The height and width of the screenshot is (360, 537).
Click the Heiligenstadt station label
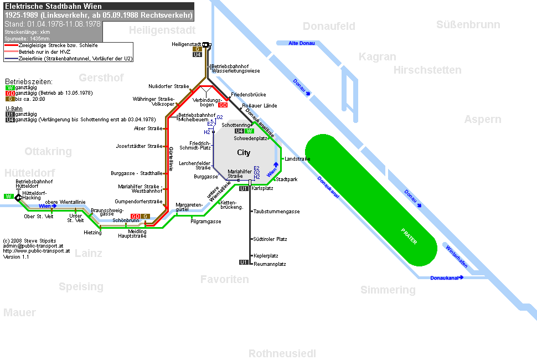[187, 44]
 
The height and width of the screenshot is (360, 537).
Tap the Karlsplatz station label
[262, 188]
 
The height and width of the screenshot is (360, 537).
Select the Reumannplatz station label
[270, 264]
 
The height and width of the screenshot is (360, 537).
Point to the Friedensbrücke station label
[249, 95]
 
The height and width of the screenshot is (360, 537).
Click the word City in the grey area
[244, 152]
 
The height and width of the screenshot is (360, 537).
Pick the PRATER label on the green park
[409, 236]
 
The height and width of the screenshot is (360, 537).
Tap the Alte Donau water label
[301, 43]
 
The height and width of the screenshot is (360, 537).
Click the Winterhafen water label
[457, 256]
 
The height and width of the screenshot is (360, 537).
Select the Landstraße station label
[297, 159]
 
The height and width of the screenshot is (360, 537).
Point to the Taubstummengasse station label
[276, 212]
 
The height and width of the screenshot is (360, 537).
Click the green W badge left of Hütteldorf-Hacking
[8, 197]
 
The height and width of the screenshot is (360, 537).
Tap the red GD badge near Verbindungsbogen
[223, 105]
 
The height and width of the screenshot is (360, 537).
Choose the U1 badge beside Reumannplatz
[244, 263]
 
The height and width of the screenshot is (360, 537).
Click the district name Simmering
[388, 290]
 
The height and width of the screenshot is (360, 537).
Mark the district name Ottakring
[48, 151]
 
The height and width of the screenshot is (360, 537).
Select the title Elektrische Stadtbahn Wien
[53, 6]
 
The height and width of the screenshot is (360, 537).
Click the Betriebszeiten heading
[29, 82]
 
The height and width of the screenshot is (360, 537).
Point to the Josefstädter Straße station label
[139, 146]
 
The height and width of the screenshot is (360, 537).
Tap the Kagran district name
[378, 57]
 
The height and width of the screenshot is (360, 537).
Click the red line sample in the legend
[11, 45]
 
